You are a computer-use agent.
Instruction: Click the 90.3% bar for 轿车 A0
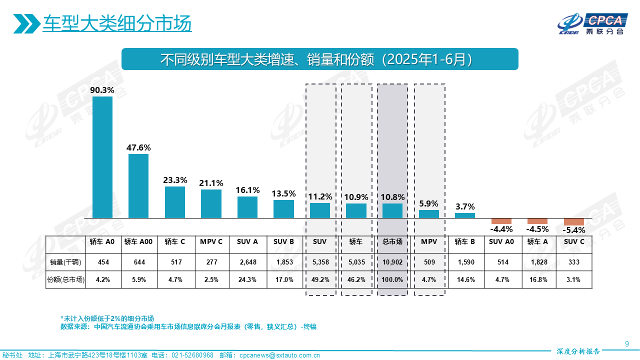102,157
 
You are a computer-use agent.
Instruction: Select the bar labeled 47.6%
138,185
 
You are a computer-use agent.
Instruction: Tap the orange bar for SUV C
574,222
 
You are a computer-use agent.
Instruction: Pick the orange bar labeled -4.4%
501,221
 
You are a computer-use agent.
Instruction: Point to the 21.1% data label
211,183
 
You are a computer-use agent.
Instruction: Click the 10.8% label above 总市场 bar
392,197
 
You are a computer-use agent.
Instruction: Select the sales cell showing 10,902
392,262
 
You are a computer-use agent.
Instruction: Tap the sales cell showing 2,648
247,262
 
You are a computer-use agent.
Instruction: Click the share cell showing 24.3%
247,280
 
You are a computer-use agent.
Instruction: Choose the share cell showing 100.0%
392,280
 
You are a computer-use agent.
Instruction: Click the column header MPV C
211,242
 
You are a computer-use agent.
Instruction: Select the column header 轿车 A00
138,242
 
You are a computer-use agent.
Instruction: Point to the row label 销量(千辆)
65,262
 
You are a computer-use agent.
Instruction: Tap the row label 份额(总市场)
65,280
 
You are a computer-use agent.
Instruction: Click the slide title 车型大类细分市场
117,23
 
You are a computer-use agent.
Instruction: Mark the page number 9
627,343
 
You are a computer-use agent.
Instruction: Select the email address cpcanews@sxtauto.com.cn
279,355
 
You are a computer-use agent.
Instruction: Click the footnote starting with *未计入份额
107,318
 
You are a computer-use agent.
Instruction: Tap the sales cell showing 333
574,262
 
